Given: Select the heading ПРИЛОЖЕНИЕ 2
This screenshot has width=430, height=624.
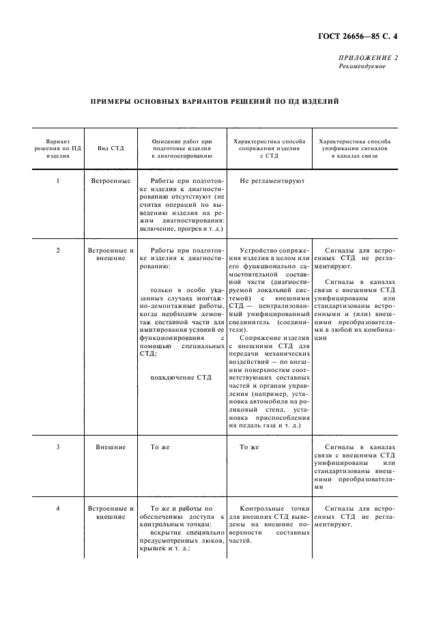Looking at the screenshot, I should click(368, 58).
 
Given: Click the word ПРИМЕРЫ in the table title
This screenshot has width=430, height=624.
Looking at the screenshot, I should click(114, 102).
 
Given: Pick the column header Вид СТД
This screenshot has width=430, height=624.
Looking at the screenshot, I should click(111, 148).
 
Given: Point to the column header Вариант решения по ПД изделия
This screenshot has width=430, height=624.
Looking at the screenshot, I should click(58, 148).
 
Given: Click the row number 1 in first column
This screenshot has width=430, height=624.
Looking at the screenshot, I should click(58, 181).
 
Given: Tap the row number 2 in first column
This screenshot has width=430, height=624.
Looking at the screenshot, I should click(58, 251).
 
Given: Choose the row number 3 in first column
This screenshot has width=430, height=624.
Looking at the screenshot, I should click(58, 447).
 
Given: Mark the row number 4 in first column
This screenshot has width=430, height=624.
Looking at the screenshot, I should click(58, 509).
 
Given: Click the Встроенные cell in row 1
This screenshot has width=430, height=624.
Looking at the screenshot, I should click(111, 181).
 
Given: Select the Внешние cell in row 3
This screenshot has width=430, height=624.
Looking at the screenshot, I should click(111, 447).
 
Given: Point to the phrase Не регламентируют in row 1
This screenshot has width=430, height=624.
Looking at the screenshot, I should click(272, 181).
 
